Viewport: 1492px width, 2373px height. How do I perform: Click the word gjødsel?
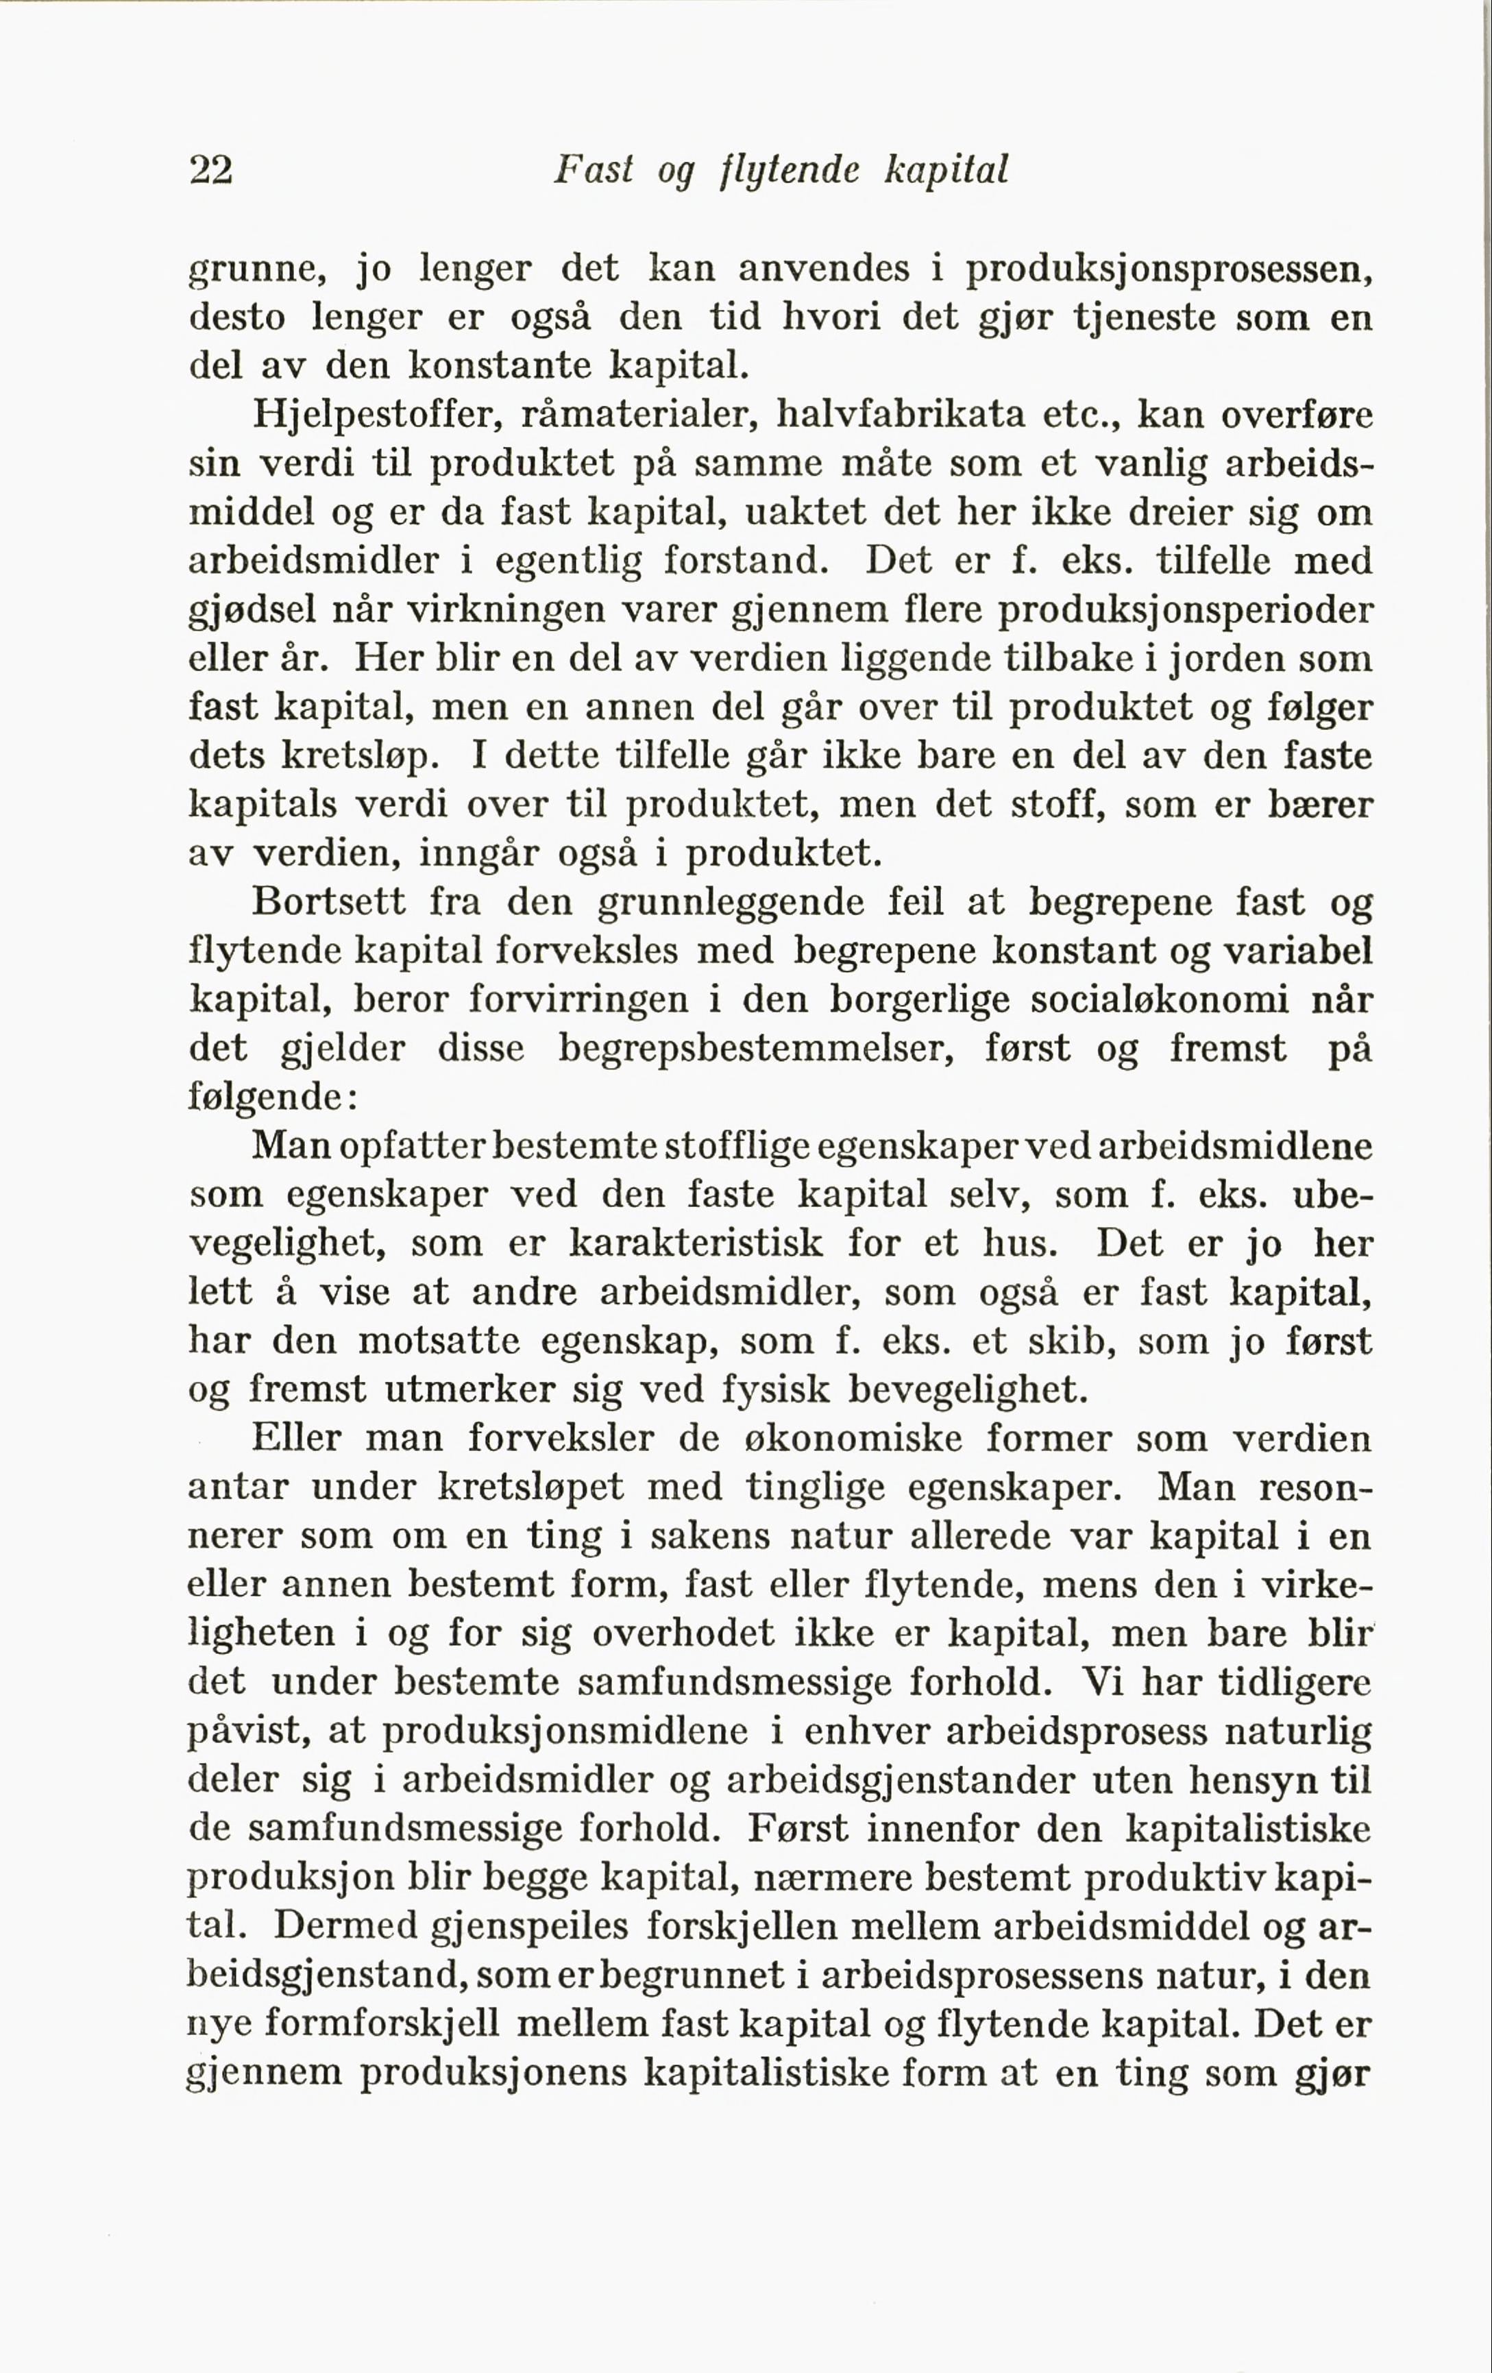(252, 611)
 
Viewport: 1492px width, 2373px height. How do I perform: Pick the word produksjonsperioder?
(1186, 611)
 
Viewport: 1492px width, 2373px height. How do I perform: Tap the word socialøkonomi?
(1159, 1000)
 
